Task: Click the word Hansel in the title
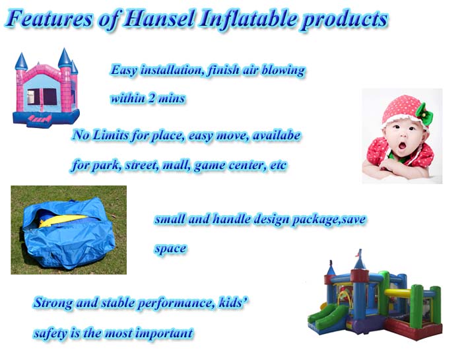coord(160,18)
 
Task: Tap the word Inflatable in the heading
coord(248,19)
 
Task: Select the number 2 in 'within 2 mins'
coord(152,98)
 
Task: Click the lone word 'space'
coord(170,248)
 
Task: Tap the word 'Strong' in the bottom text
coord(53,303)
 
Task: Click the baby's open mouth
coord(402,145)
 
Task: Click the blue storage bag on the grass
coord(69,233)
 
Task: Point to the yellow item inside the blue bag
coord(63,220)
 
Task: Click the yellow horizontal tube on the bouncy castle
coord(398,293)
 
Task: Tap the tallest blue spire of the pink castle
coord(65,58)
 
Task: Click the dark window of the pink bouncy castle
coord(49,96)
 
